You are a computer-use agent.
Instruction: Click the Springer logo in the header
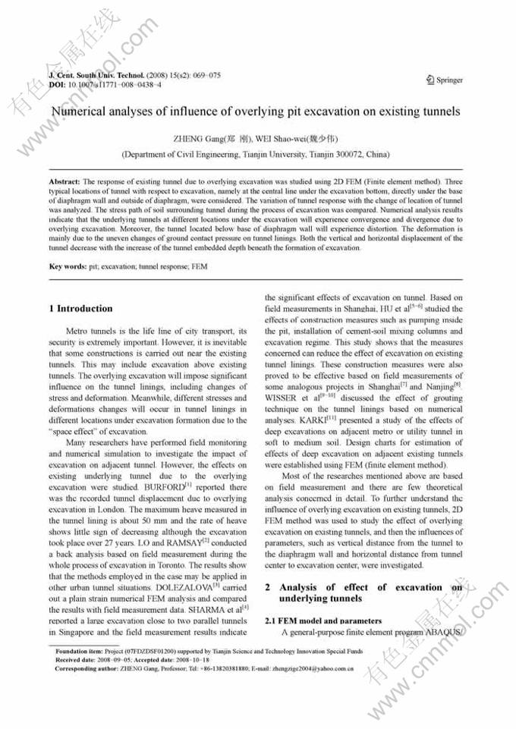[x=445, y=80]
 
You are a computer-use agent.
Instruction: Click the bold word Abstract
[x=64, y=183]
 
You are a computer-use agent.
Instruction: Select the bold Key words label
[x=67, y=266]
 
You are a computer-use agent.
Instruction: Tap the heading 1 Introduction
[x=80, y=309]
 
